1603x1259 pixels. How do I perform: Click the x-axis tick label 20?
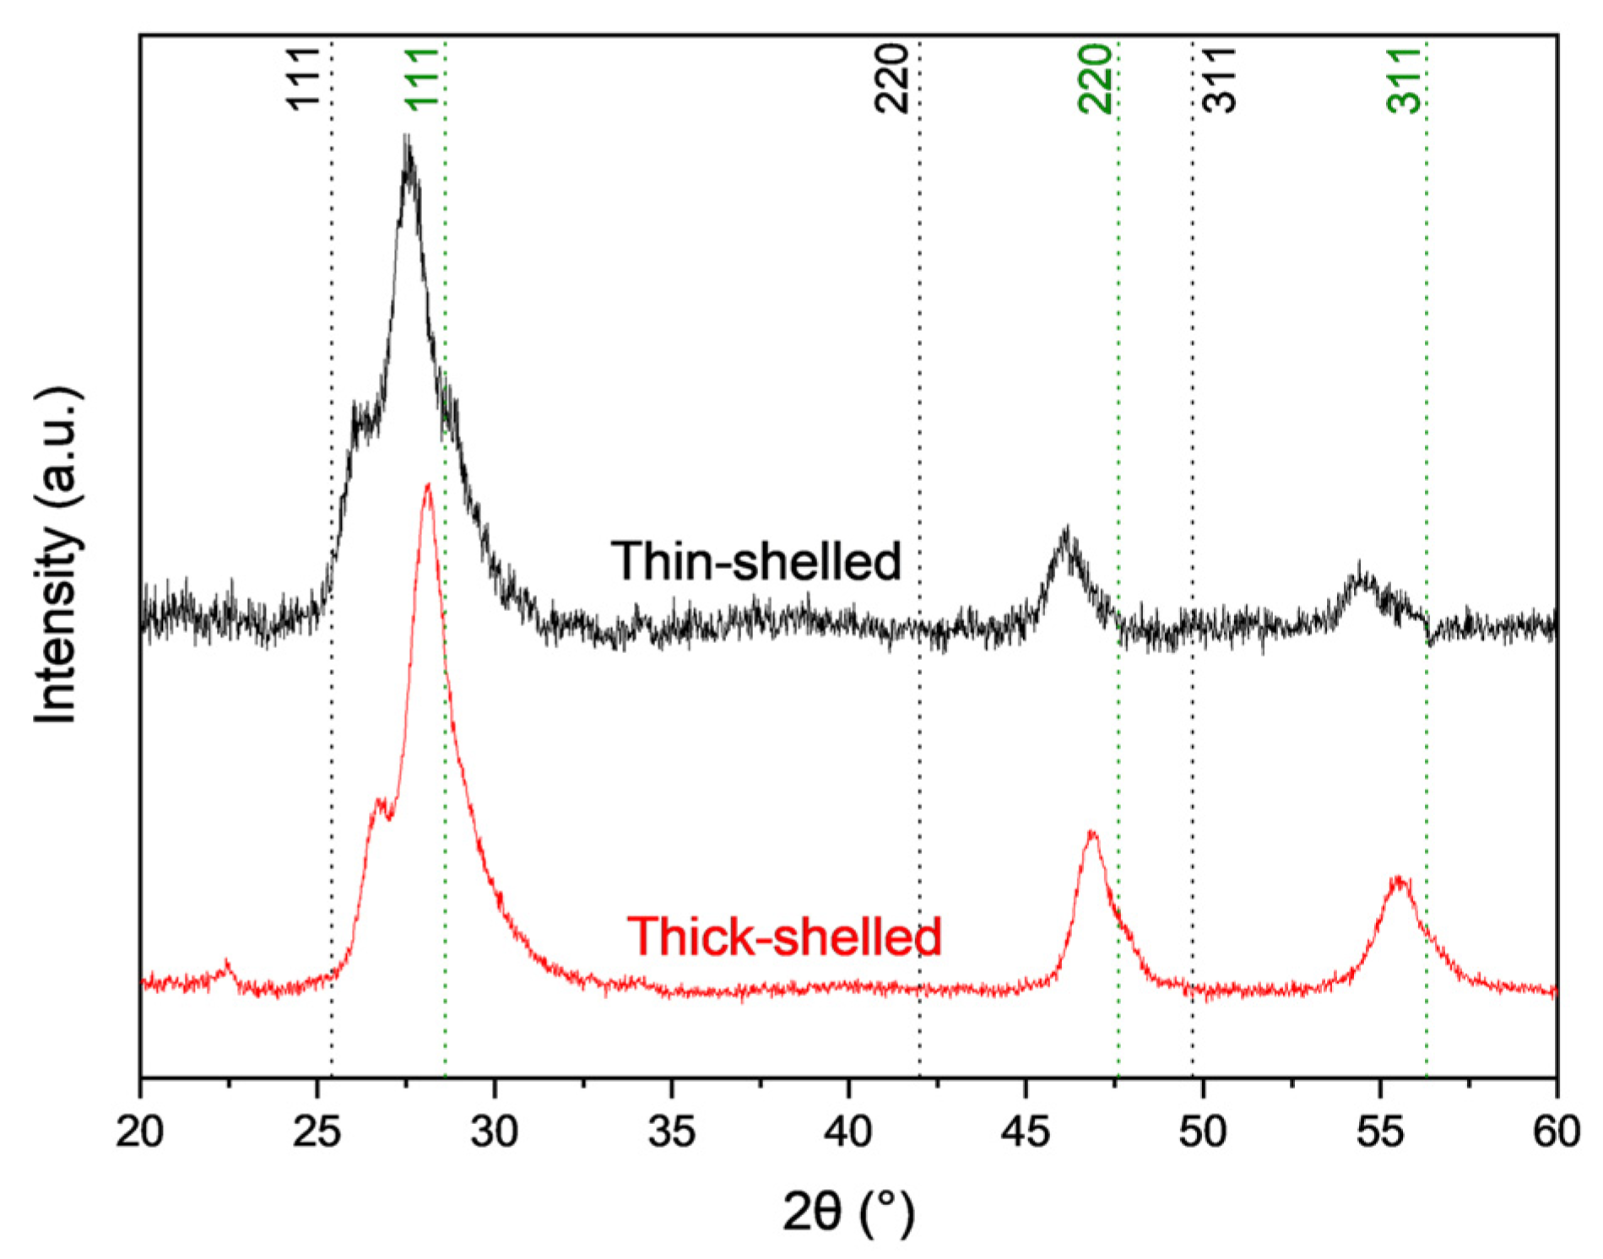(x=140, y=1132)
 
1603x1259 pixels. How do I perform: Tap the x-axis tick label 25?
(x=317, y=1132)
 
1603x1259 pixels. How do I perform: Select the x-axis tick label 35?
(x=671, y=1132)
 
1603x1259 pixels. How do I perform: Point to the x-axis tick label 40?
(x=848, y=1132)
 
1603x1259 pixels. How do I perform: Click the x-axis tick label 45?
(x=1026, y=1132)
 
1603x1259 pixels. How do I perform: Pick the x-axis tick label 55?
(x=1379, y=1132)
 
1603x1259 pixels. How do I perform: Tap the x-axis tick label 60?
(x=1556, y=1132)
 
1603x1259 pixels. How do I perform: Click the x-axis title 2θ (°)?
(x=848, y=1213)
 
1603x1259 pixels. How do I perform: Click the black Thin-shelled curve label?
(x=756, y=561)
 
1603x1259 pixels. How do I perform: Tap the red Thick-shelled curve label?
(x=784, y=936)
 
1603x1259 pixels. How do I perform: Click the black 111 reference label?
(x=303, y=78)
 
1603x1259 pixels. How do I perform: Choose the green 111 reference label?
(x=421, y=78)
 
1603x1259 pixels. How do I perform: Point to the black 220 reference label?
(x=891, y=78)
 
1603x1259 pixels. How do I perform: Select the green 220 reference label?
(x=1095, y=78)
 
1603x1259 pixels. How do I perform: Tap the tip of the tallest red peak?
(x=428, y=484)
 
